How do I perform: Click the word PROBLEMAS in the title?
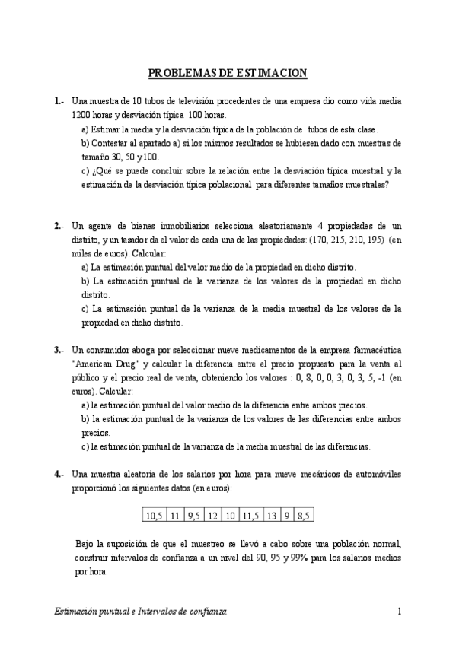coord(176,73)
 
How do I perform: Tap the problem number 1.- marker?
coord(59,101)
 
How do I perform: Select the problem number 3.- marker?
coord(59,351)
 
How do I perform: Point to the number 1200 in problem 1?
coord(83,115)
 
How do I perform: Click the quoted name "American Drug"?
coord(106,364)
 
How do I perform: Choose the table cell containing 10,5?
coord(154,516)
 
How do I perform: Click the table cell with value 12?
coord(212,516)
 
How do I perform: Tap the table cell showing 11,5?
coord(250,516)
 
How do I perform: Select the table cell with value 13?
coord(272,516)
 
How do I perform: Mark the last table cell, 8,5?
coord(304,516)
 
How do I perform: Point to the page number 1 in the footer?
coord(399,612)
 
